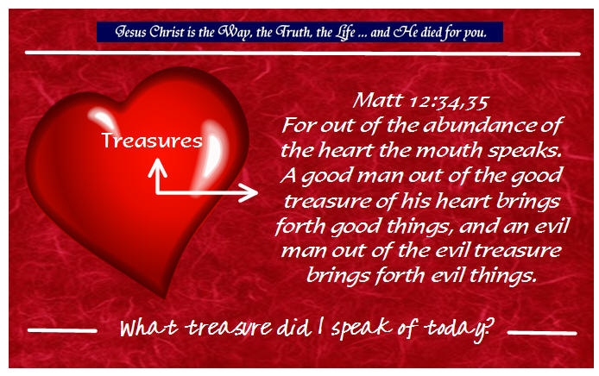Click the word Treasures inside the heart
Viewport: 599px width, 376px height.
(152, 141)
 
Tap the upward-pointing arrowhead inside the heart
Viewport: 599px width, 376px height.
(157, 167)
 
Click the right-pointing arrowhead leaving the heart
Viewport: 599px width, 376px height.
(249, 192)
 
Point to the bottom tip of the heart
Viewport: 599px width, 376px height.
(165, 297)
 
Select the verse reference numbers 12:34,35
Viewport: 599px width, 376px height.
(449, 102)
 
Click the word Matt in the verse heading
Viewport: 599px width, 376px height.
(377, 100)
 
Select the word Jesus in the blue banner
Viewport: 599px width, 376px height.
(130, 32)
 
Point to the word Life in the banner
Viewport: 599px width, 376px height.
(345, 32)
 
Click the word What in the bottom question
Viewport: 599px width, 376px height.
(149, 328)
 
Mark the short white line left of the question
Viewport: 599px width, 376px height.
(62, 330)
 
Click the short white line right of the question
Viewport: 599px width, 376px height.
(542, 333)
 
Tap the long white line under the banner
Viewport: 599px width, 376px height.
(303, 53)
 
